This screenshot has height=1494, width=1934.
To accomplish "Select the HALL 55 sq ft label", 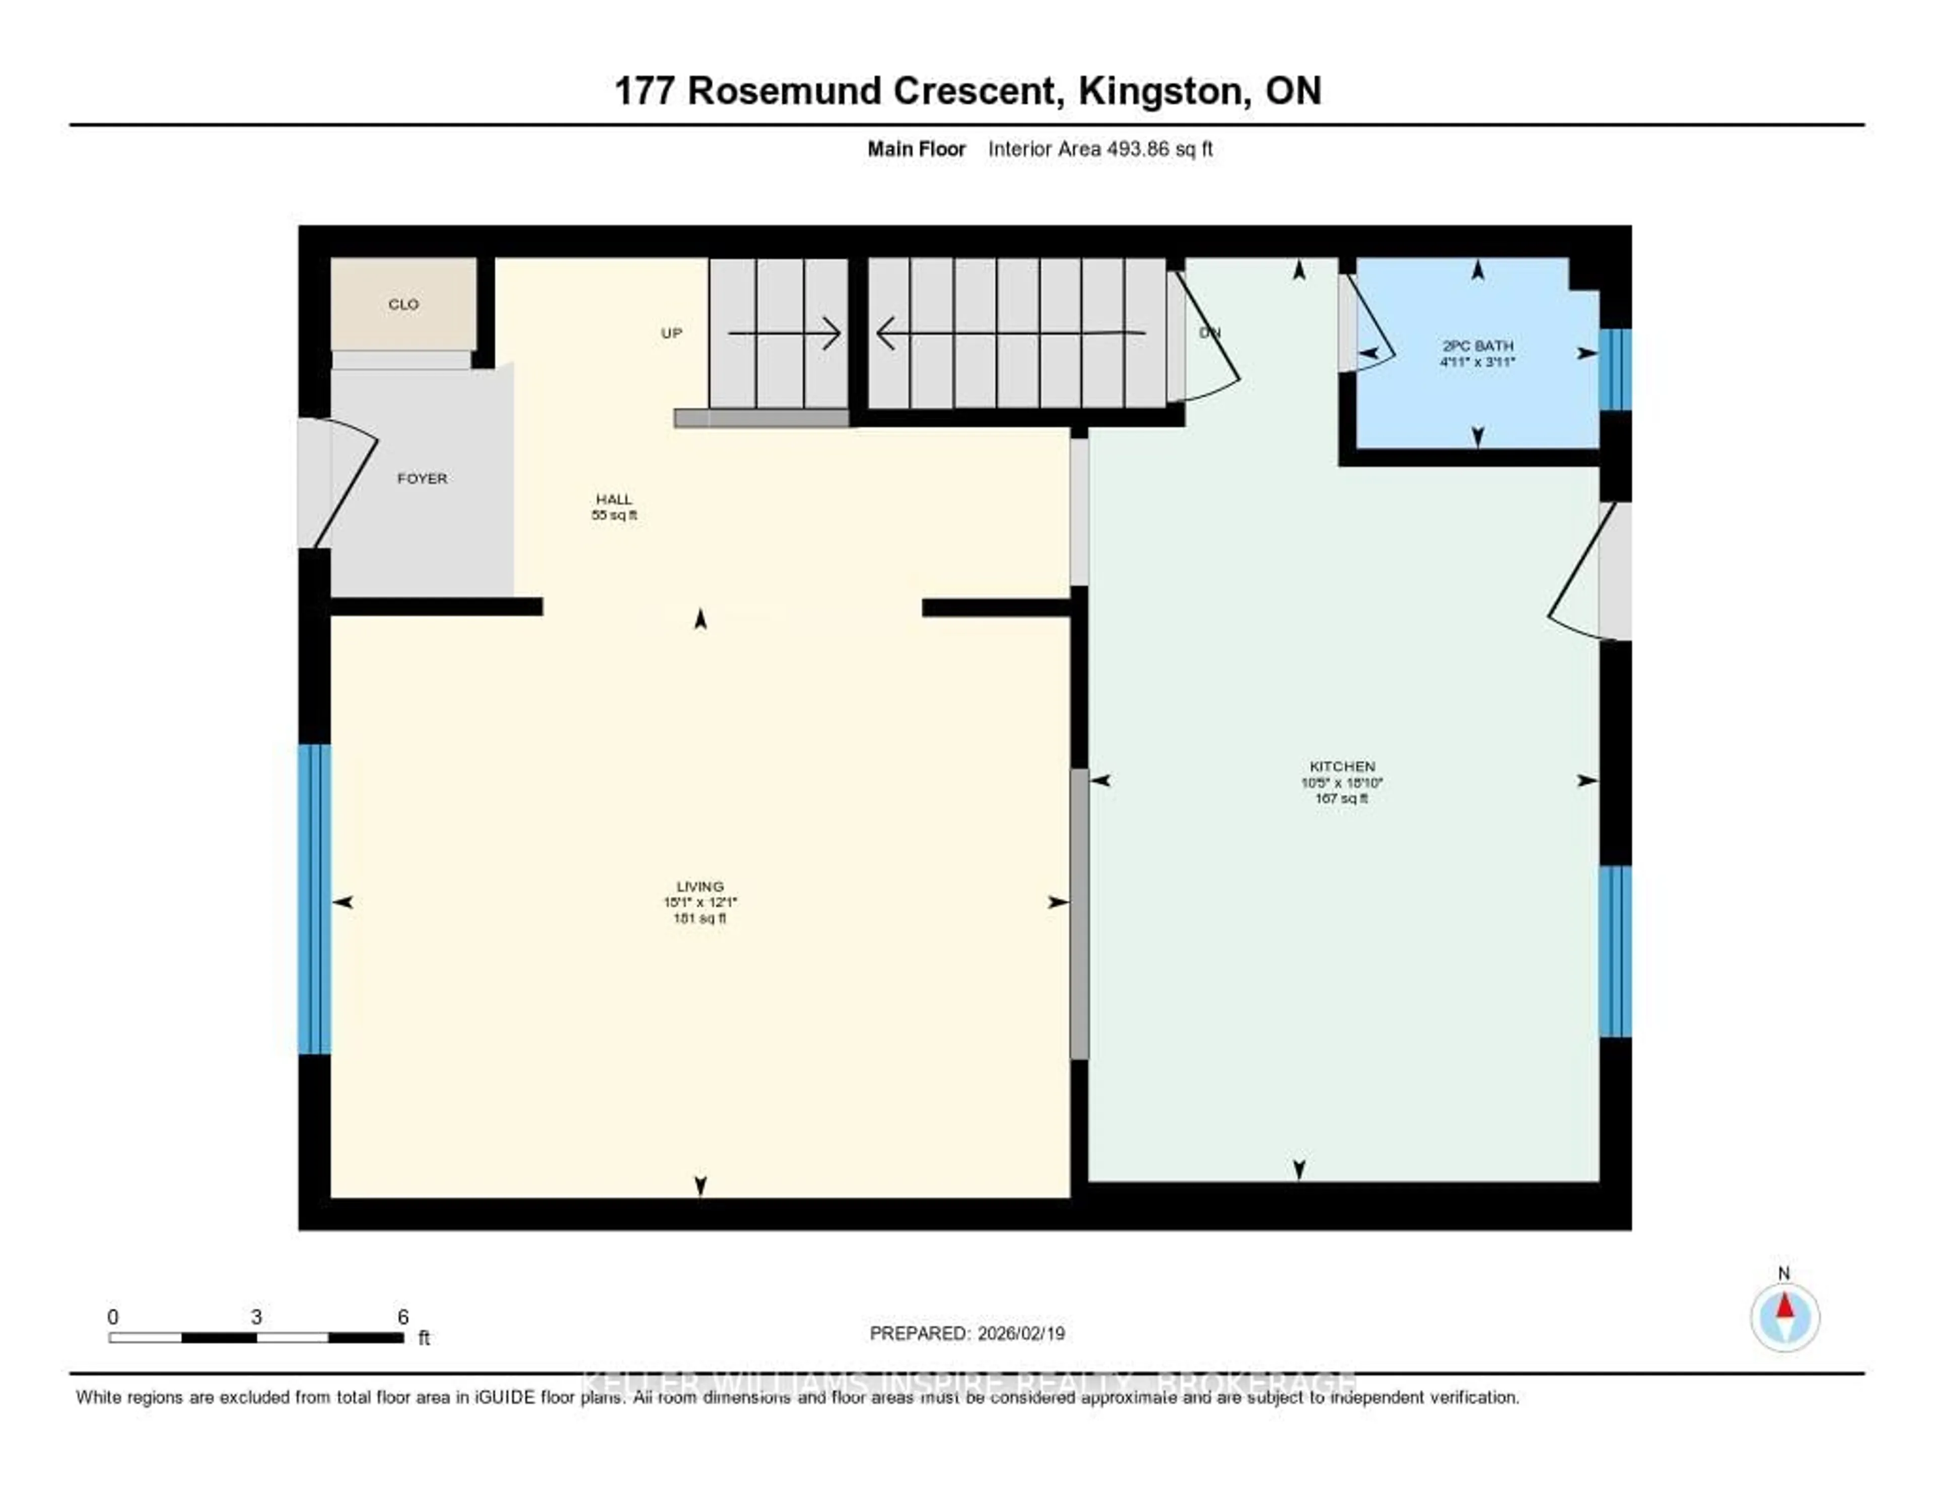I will click(x=613, y=507).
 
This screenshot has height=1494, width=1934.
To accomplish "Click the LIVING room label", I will click(x=700, y=902).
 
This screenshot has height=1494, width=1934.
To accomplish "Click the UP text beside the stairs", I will click(x=671, y=333).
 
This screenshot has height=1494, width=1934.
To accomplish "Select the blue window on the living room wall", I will click(x=314, y=899).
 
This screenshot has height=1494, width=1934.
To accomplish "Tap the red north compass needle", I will click(x=1784, y=1306).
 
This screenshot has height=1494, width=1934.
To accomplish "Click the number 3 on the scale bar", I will click(x=256, y=1317).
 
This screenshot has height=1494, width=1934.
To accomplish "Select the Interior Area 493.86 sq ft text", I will click(x=1100, y=149).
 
